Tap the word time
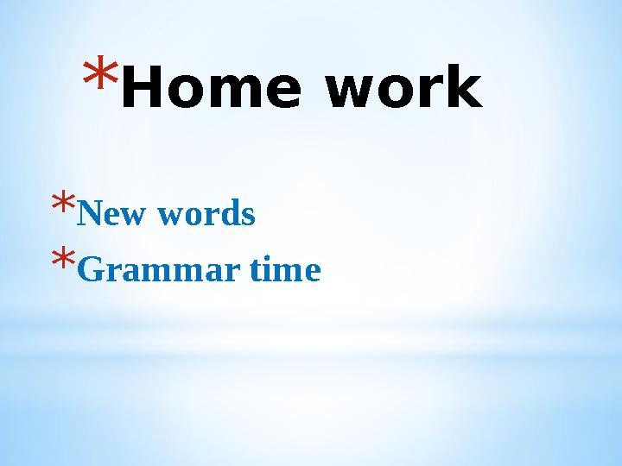[x=285, y=271]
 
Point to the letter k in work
[x=463, y=91]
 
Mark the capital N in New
[x=87, y=213]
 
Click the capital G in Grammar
[x=88, y=271]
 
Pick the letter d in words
[x=229, y=213]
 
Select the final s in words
[x=248, y=215]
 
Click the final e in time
[x=313, y=274]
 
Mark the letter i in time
[x=268, y=270]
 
